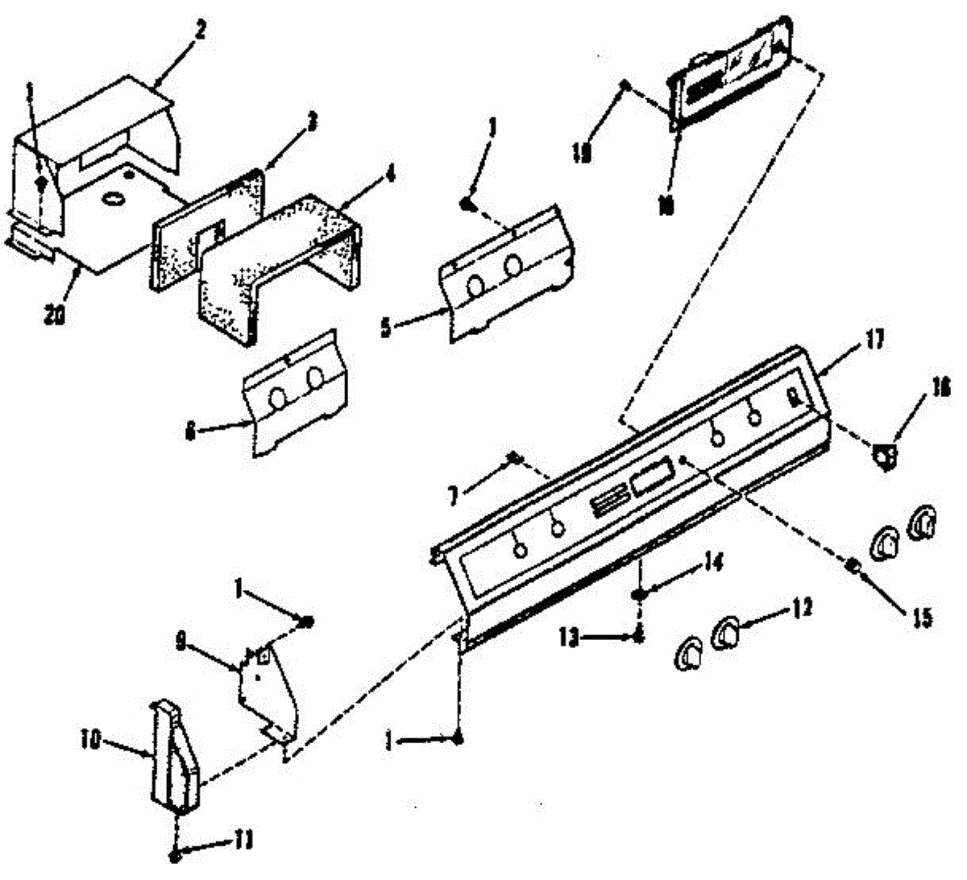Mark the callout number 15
point(923,618)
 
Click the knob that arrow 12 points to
point(725,632)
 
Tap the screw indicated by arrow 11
point(176,857)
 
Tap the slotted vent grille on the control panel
point(606,506)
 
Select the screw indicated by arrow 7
point(512,459)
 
